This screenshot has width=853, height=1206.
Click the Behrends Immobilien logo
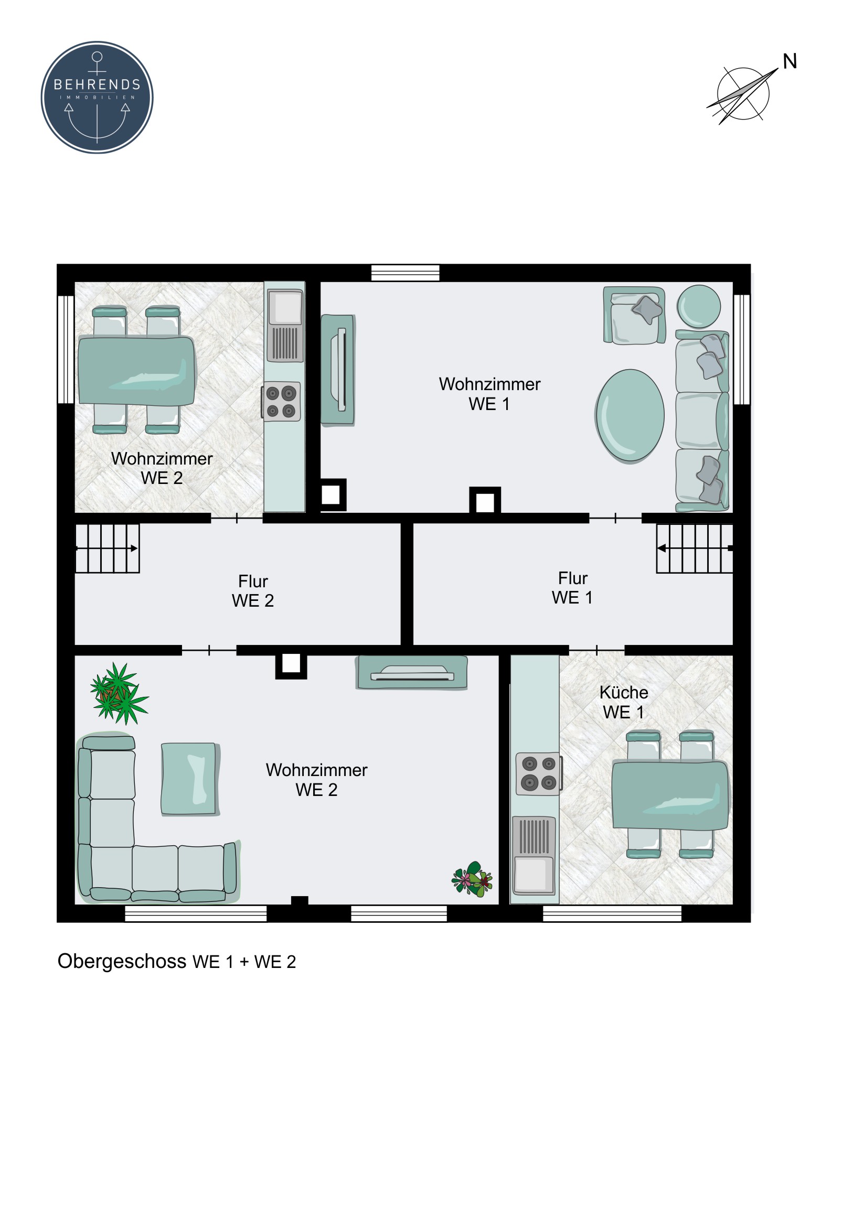[97, 97]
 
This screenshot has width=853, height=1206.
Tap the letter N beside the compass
[790, 62]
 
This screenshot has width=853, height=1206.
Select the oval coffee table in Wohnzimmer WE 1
[630, 415]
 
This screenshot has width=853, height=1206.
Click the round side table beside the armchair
[698, 306]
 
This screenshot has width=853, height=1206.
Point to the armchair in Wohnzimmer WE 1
[634, 315]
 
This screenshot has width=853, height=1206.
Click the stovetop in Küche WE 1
[539, 774]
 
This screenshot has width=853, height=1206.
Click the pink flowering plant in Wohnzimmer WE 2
[472, 879]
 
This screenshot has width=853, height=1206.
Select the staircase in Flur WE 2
[107, 548]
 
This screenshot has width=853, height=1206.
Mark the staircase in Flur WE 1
[694, 548]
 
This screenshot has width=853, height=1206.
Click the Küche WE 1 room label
[624, 702]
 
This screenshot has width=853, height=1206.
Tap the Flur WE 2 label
[253, 591]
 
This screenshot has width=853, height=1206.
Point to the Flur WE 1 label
[572, 588]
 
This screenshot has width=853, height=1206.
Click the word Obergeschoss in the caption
[122, 962]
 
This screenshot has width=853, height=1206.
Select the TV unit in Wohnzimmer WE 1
[338, 369]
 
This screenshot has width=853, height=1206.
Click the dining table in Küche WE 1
[670, 796]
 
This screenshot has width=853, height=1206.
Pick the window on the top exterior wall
[405, 273]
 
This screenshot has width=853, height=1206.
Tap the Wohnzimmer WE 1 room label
[489, 394]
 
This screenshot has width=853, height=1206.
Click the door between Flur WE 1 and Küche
[596, 650]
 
